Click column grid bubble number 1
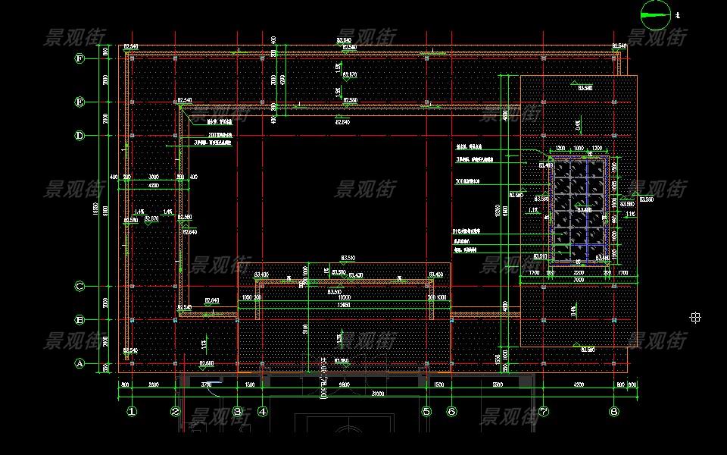coord(131,412)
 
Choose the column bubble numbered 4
coord(262,412)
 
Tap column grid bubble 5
coord(426,412)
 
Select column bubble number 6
coord(451,412)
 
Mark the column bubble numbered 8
coord(613,412)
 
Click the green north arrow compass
coord(656,11)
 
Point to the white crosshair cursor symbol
coord(695,318)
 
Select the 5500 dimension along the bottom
coord(497,385)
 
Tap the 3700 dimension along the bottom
coord(206,385)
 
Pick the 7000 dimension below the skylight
coord(579,279)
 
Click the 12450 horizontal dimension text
coord(345,305)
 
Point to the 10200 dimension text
coord(345,297)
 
